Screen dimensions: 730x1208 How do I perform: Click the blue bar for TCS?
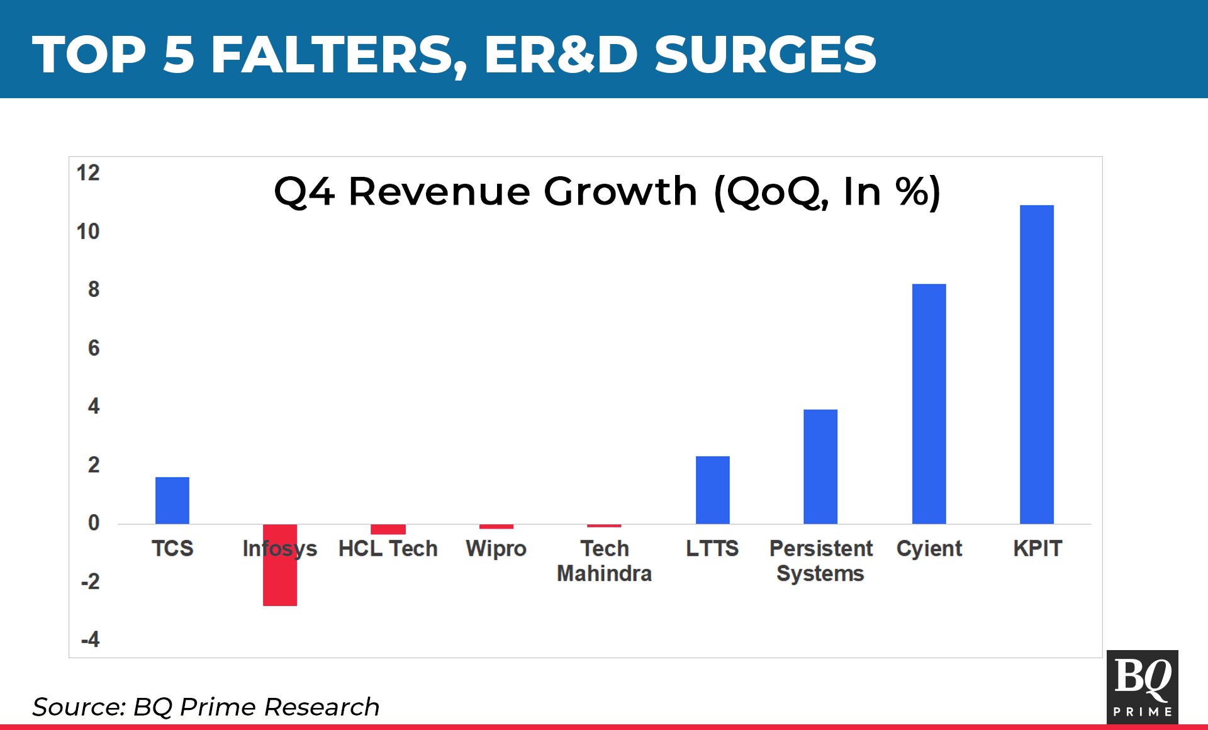point(172,500)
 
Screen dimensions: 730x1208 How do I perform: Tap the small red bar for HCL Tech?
point(388,529)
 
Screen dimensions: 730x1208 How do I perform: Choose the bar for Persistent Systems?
point(820,466)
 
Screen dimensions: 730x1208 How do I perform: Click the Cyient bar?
point(929,403)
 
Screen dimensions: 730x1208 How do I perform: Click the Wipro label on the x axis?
point(496,549)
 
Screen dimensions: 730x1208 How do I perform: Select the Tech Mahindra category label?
point(604,561)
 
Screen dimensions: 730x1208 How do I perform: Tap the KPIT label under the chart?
point(1037,549)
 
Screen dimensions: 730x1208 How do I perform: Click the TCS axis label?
point(172,549)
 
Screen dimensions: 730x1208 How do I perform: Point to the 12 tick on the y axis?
point(88,173)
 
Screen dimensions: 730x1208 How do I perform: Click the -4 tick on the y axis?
point(90,640)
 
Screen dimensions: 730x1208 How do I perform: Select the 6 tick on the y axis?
point(94,348)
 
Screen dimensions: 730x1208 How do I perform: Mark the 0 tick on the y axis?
point(94,523)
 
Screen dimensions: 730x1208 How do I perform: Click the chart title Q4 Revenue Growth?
point(607,191)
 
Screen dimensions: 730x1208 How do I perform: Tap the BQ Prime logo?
point(1142,687)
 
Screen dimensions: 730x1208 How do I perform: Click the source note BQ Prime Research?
point(206,707)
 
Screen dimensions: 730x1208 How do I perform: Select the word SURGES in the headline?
point(765,54)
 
